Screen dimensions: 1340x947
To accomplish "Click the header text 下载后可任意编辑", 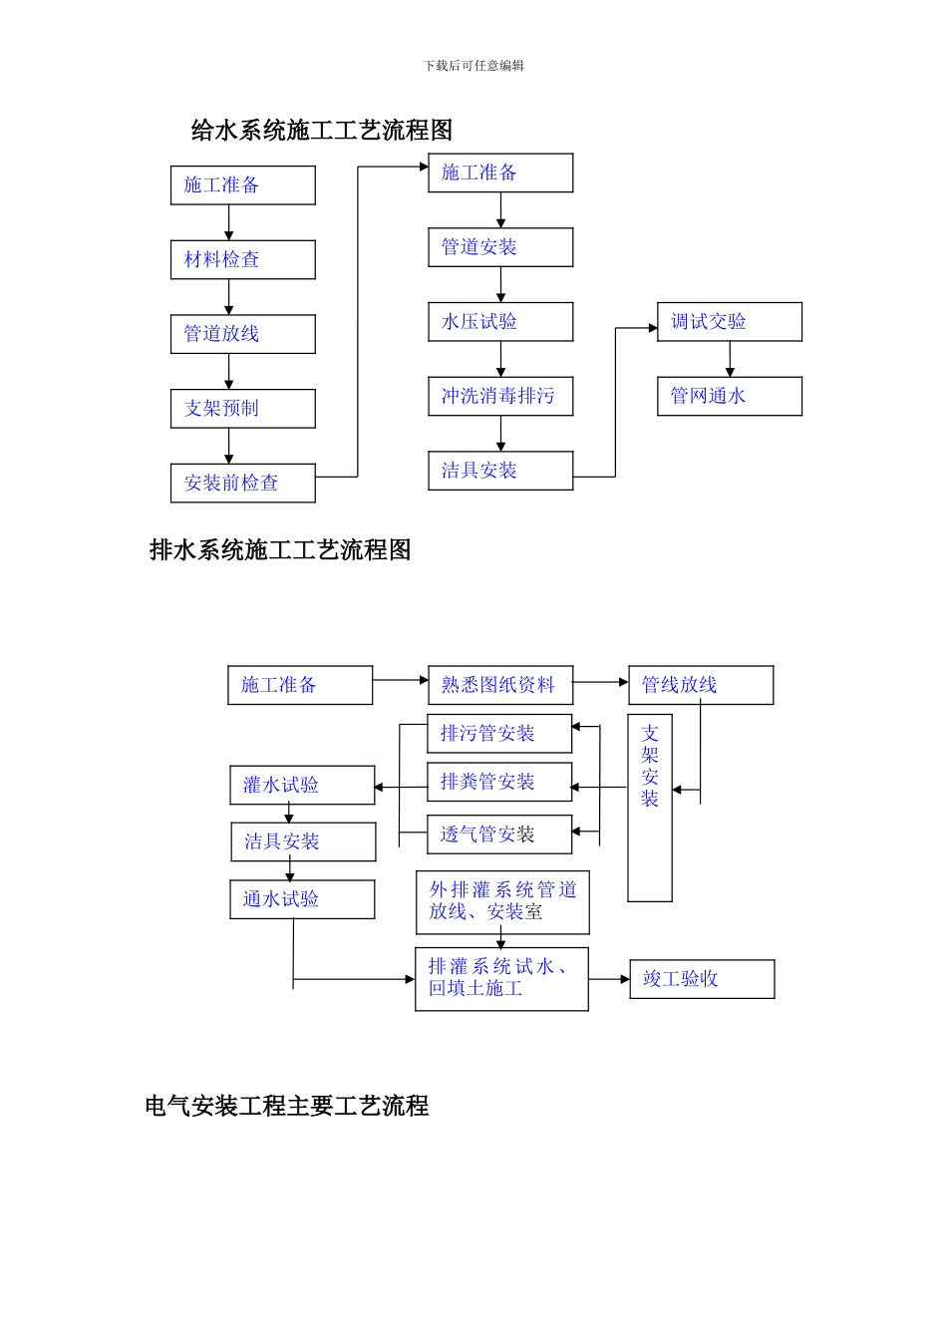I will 473,66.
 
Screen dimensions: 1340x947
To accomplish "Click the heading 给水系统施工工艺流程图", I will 321,131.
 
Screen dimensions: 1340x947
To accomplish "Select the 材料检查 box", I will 242,260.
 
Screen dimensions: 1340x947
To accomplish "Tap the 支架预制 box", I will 242,409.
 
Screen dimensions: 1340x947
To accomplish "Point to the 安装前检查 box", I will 242,484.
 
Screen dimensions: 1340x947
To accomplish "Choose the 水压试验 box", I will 500,322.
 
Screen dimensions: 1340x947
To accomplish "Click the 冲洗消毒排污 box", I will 500,397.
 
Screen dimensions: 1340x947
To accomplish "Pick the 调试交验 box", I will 729,322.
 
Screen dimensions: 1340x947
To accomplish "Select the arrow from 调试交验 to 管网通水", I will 730,359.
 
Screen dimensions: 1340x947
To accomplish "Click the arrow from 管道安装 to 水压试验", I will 500,284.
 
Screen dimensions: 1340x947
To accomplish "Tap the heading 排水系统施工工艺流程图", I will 280,550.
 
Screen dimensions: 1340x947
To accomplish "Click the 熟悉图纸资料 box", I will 500,686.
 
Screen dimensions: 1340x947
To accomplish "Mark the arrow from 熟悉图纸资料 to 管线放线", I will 601,683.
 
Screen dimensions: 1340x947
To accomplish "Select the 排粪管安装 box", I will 499,783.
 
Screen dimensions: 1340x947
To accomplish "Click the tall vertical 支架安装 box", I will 650,808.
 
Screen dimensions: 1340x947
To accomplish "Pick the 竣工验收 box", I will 702,979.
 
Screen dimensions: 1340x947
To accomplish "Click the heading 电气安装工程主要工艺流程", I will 287,1106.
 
